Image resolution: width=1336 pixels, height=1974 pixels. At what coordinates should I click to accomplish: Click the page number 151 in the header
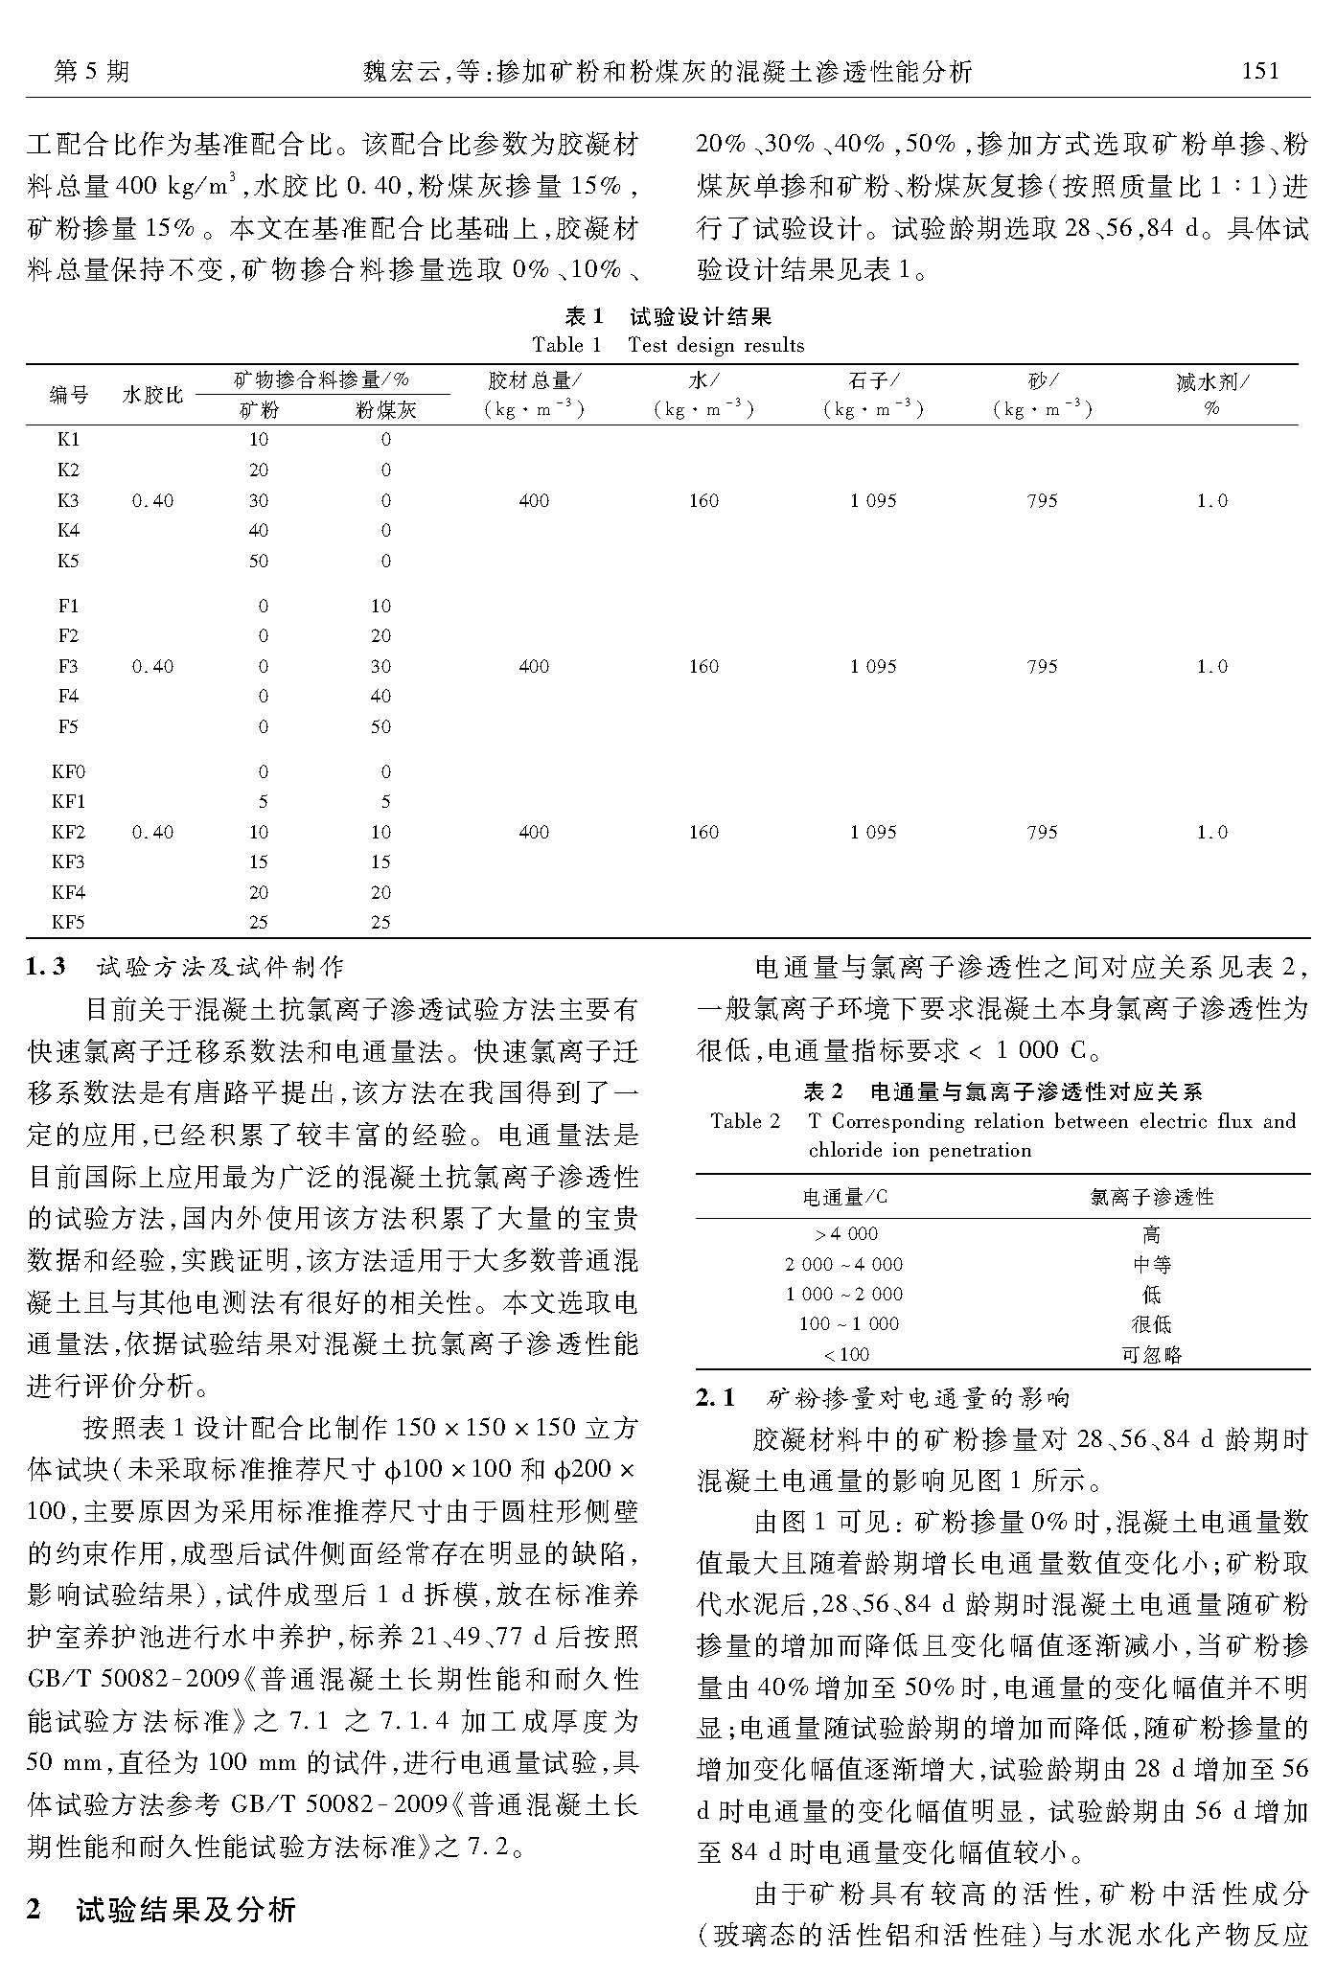(1259, 71)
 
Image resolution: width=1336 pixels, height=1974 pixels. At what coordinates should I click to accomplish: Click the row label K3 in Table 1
(68, 500)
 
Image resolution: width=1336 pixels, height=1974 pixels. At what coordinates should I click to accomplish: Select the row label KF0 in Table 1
(68, 771)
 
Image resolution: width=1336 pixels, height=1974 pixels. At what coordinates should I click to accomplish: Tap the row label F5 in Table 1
(68, 726)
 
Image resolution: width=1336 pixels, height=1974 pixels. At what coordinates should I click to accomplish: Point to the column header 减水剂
(1212, 382)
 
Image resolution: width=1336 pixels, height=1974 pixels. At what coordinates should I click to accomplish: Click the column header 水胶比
(152, 395)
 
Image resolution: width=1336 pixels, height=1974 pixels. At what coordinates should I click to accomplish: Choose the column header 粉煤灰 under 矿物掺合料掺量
(385, 411)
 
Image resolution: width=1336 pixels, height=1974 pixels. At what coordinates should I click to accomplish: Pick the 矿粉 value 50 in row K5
(259, 561)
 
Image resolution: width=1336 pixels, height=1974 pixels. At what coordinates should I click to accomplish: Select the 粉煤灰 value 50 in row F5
(380, 726)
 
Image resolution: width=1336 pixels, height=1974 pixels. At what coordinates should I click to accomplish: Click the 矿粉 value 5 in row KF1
(263, 802)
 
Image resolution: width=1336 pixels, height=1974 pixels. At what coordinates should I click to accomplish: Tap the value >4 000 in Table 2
(845, 1234)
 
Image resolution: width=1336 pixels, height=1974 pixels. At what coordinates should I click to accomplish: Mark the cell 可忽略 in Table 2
(1152, 1355)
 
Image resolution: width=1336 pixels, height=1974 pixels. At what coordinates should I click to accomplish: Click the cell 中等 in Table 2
(1152, 1265)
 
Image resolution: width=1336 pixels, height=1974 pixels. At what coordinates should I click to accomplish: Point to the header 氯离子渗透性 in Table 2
(1152, 1197)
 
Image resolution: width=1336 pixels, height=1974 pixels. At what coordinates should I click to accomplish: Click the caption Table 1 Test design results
(668, 345)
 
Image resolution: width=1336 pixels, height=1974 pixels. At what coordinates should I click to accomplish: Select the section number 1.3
(46, 967)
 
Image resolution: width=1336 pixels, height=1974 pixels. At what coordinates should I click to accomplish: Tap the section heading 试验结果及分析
(186, 1909)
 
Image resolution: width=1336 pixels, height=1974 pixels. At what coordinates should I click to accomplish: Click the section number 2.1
(715, 1398)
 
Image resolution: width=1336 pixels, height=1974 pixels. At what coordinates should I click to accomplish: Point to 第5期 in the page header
(91, 71)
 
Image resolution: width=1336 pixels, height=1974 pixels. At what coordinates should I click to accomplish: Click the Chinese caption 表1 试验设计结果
(668, 317)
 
